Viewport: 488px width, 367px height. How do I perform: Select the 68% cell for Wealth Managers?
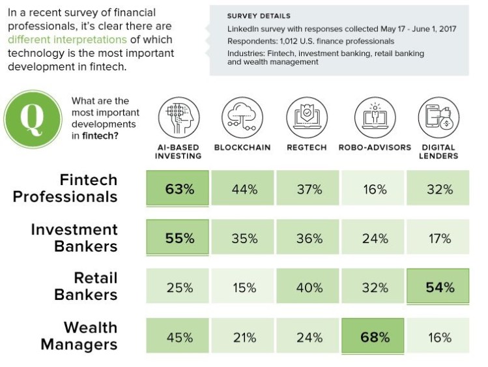tap(374, 337)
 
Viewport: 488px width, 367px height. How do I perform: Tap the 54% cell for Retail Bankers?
tap(440, 287)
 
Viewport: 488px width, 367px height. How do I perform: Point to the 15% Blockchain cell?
tap(244, 287)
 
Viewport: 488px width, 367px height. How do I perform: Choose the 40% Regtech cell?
tap(309, 287)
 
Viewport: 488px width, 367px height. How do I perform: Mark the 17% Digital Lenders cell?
tap(440, 238)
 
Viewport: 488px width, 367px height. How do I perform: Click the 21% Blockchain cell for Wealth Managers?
tap(244, 337)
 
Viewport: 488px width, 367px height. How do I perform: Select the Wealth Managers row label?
tap(79, 336)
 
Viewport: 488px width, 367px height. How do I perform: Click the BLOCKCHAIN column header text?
tap(242, 148)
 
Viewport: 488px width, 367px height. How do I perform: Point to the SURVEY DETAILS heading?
tap(259, 16)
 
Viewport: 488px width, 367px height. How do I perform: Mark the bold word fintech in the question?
tap(99, 136)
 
